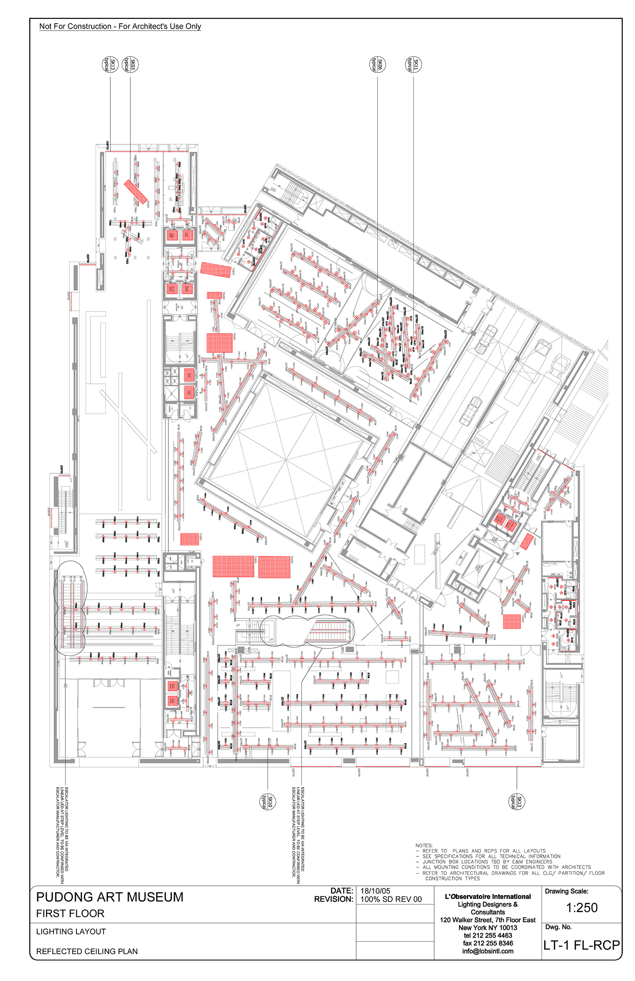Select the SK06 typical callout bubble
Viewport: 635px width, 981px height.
(377, 64)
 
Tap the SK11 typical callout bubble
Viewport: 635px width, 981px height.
(413, 64)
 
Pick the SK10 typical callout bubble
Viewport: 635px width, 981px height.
(267, 801)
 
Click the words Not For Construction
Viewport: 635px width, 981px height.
(76, 27)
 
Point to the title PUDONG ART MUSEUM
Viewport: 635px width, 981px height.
(110, 897)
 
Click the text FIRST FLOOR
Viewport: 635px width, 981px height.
(70, 914)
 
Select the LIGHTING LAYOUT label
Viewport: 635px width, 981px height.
(71, 932)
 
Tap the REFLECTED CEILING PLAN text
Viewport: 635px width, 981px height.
(87, 951)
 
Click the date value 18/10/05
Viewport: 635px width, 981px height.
(375, 891)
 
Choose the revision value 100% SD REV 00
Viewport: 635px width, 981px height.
(391, 899)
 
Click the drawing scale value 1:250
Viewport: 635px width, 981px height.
(581, 908)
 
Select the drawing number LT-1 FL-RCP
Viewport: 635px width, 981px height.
(581, 945)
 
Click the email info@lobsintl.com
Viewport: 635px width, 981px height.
(488, 951)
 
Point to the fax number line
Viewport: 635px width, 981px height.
(488, 943)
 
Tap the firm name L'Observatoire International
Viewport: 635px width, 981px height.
(488, 896)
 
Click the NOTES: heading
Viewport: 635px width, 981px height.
(424, 845)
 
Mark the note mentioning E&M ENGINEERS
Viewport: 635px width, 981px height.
(487, 862)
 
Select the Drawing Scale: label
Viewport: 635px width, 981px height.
(566, 891)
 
